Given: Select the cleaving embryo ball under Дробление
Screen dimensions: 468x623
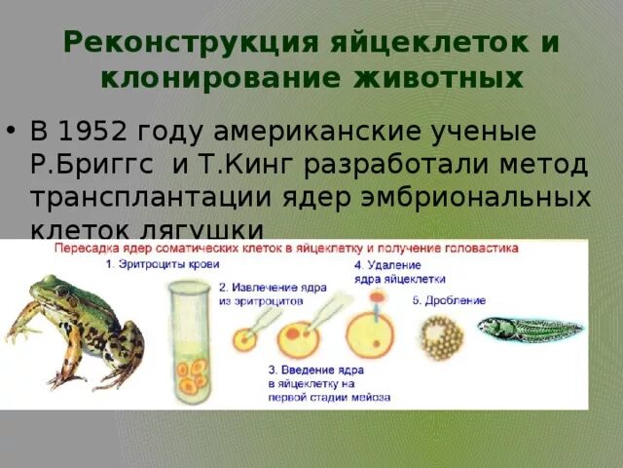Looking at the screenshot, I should tap(440, 337).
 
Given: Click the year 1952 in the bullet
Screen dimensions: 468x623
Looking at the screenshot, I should tap(101, 131).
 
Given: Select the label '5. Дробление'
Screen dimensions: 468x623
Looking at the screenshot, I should tap(449, 300).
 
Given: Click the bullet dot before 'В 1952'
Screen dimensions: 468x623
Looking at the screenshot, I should tap(12, 131).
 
